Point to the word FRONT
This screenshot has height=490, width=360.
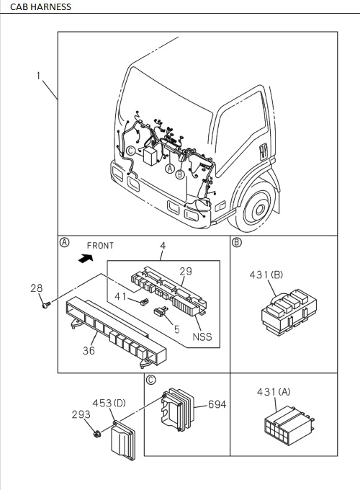click(x=100, y=245)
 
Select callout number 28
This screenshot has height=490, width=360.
click(x=36, y=288)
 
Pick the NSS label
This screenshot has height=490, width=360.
click(x=202, y=337)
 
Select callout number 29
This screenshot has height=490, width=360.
click(x=185, y=271)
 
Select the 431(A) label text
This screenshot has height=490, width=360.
click(x=273, y=392)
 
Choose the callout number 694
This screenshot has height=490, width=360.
click(x=216, y=404)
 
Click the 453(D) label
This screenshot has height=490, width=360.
click(x=109, y=403)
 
